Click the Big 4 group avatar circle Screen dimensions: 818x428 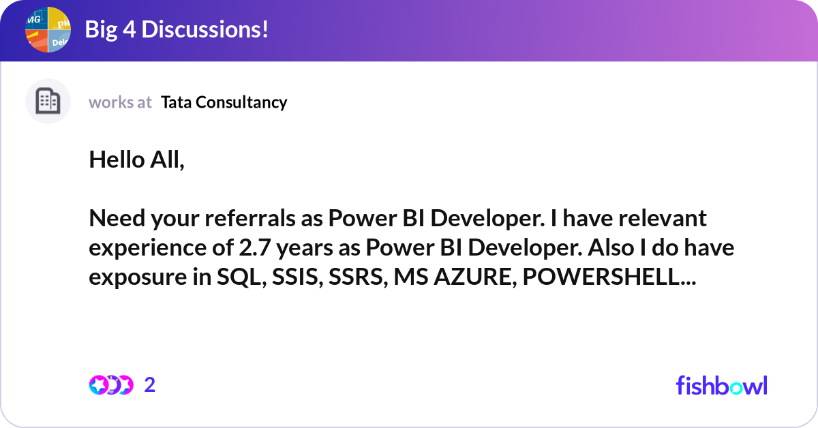(48, 29)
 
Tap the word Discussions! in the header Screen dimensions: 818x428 (205, 29)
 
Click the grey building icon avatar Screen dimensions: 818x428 (48, 101)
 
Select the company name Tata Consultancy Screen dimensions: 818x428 (224, 102)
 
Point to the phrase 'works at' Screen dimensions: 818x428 (120, 102)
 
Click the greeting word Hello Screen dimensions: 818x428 (117, 159)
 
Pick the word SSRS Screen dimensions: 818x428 (358, 277)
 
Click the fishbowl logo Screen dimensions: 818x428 (722, 385)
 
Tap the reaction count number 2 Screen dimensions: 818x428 (150, 385)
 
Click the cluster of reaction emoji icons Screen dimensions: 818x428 (111, 385)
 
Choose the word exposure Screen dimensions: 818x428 (138, 277)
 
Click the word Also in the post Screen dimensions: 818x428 (611, 247)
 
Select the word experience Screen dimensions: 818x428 (148, 248)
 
